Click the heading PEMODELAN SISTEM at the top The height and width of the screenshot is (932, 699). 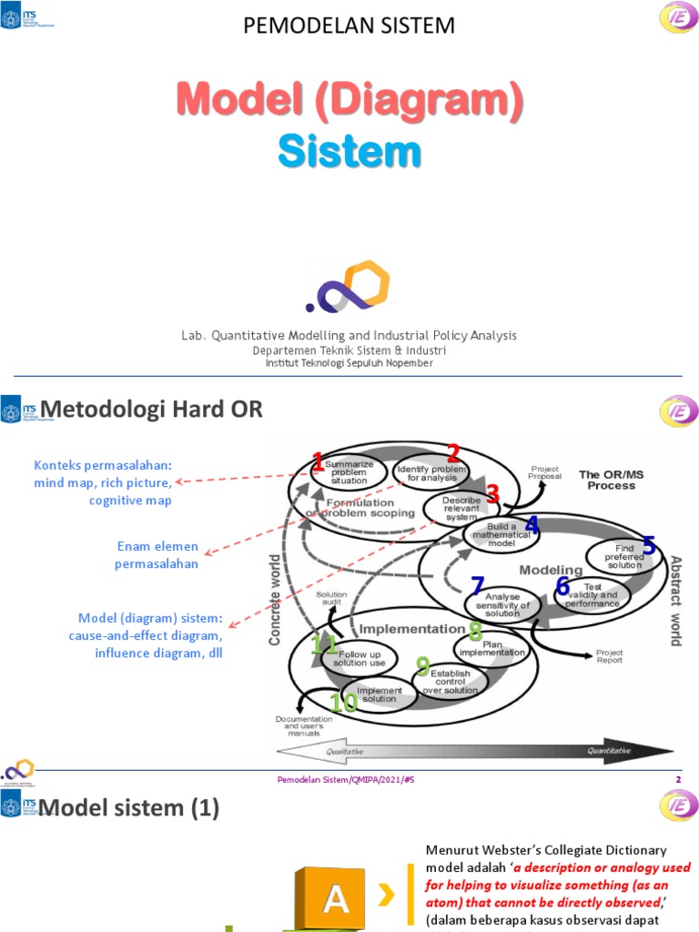[x=349, y=25]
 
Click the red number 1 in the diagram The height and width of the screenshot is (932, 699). [x=318, y=462]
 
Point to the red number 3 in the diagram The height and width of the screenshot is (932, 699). [x=493, y=494]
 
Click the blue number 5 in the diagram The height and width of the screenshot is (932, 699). [x=649, y=545]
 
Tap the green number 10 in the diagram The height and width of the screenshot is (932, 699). [x=343, y=702]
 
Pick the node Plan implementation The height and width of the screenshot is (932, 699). [x=491, y=648]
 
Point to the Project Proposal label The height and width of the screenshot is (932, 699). [x=545, y=472]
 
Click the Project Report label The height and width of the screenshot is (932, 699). [x=609, y=655]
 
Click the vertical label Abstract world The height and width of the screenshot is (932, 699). [x=674, y=600]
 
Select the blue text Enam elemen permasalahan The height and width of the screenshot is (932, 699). [x=156, y=555]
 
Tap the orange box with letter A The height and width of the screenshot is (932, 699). [x=337, y=899]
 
